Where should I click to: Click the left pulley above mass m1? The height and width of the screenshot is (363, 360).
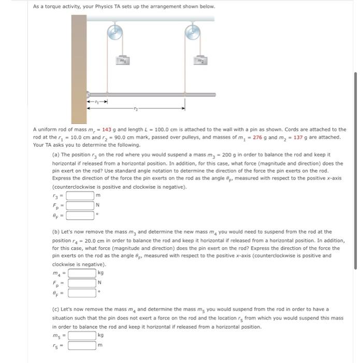tap(115, 33)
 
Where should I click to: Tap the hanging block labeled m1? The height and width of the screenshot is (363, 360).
tap(122, 61)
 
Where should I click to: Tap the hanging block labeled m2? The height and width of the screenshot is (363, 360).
tap(198, 61)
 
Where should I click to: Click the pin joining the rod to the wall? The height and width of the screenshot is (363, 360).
tap(89, 95)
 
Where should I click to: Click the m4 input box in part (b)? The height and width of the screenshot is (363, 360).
tap(82, 273)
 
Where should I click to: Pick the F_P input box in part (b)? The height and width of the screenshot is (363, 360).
tap(82, 283)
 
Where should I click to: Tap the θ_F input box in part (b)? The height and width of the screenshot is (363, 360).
tap(82, 292)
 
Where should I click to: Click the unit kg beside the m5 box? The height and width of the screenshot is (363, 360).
tap(100, 335)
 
